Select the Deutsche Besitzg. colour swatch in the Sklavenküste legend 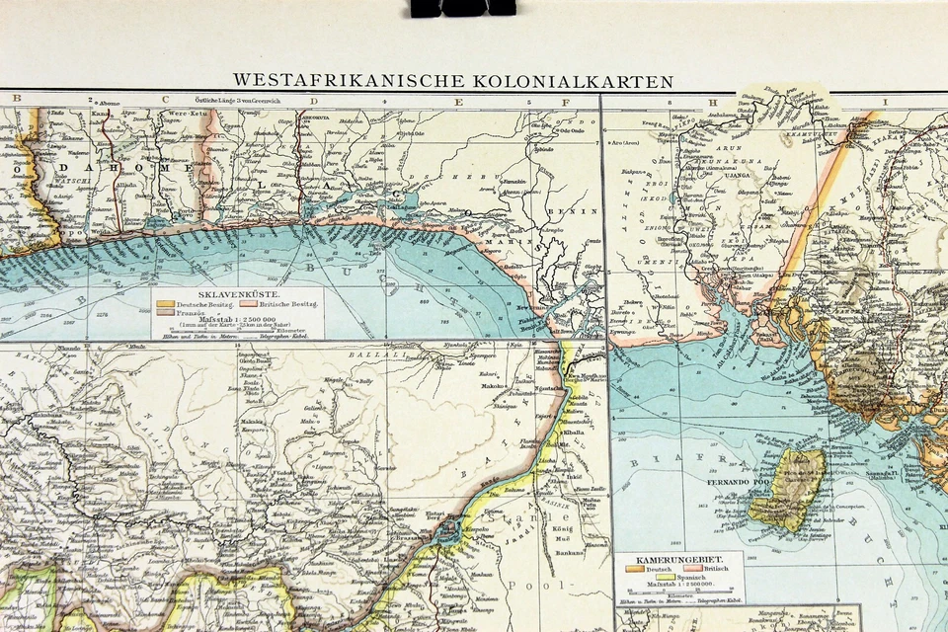[165, 304]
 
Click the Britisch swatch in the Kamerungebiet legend [691, 570]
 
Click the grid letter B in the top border [14, 99]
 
